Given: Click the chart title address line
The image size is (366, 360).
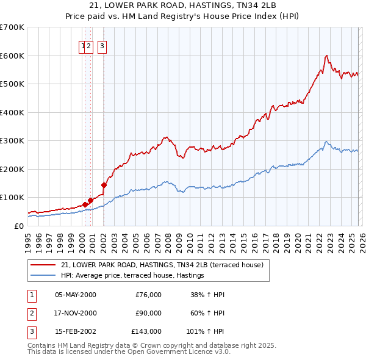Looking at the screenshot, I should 183,5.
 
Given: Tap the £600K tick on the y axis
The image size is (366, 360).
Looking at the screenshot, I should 12,56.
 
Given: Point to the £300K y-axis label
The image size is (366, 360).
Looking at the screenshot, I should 12,140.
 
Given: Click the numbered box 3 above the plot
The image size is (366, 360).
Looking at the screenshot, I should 102,45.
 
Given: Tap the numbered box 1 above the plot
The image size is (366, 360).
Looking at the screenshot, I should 82,45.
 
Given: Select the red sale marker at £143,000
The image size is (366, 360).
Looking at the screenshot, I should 104,185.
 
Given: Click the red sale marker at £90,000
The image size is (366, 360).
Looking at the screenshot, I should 91,200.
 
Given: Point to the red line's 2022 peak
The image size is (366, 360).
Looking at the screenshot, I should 327,56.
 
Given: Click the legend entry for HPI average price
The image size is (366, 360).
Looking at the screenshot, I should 132,276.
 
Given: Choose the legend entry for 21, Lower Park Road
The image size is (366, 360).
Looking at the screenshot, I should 162,265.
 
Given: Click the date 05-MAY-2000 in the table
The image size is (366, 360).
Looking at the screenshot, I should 76,295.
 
